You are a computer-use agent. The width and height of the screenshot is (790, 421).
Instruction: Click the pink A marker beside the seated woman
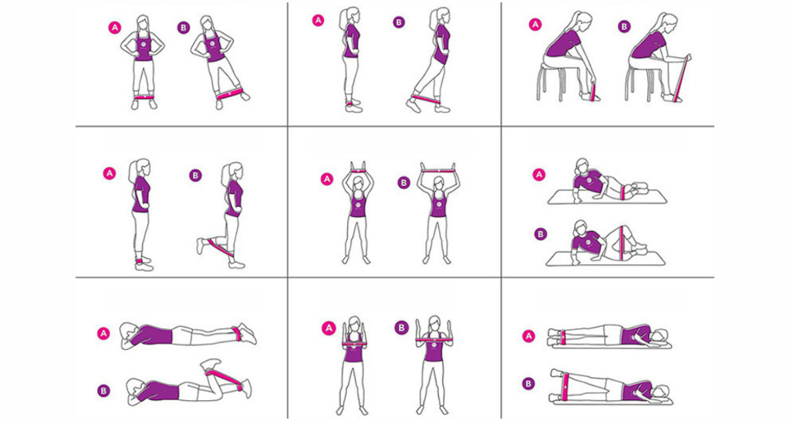535,24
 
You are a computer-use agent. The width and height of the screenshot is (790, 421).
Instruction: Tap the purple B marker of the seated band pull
623,27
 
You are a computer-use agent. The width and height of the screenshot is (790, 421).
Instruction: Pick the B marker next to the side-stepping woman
184,28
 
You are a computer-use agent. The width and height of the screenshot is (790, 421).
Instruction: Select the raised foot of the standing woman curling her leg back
201,246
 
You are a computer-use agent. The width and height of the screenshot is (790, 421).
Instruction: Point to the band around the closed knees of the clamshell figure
625,192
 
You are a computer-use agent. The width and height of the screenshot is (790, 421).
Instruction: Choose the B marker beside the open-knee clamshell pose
540,234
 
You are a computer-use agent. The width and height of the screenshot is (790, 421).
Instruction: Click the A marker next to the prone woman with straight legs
103,333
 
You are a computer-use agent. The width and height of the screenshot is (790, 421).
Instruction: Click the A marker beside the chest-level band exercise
329,329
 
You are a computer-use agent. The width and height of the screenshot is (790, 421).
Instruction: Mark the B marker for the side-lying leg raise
528,384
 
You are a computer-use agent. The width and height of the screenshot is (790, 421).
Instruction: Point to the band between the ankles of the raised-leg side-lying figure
565,387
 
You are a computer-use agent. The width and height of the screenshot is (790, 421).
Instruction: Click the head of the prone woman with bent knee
134,390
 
